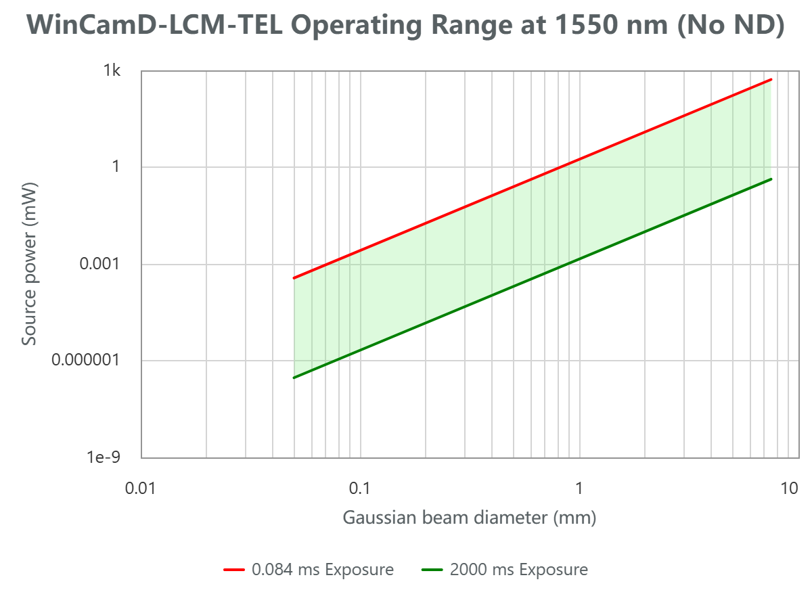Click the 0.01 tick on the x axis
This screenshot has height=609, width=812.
[x=141, y=487]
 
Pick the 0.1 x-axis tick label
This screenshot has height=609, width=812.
[x=359, y=487]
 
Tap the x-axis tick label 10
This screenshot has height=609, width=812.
[x=789, y=487]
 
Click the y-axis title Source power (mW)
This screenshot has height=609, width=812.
[x=28, y=264]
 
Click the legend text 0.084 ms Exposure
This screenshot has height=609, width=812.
[x=322, y=570]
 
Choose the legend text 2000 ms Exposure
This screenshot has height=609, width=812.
[x=518, y=570]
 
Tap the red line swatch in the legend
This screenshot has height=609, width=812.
[x=234, y=570]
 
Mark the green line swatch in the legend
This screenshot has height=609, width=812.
[x=432, y=570]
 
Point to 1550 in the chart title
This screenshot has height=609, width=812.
[x=572, y=26]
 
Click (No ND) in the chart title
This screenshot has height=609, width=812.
[x=731, y=26]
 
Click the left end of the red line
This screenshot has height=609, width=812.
[x=294, y=278]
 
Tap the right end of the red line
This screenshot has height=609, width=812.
[x=771, y=80]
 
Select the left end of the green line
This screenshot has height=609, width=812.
[x=294, y=378]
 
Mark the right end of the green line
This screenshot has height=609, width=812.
[x=771, y=179]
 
